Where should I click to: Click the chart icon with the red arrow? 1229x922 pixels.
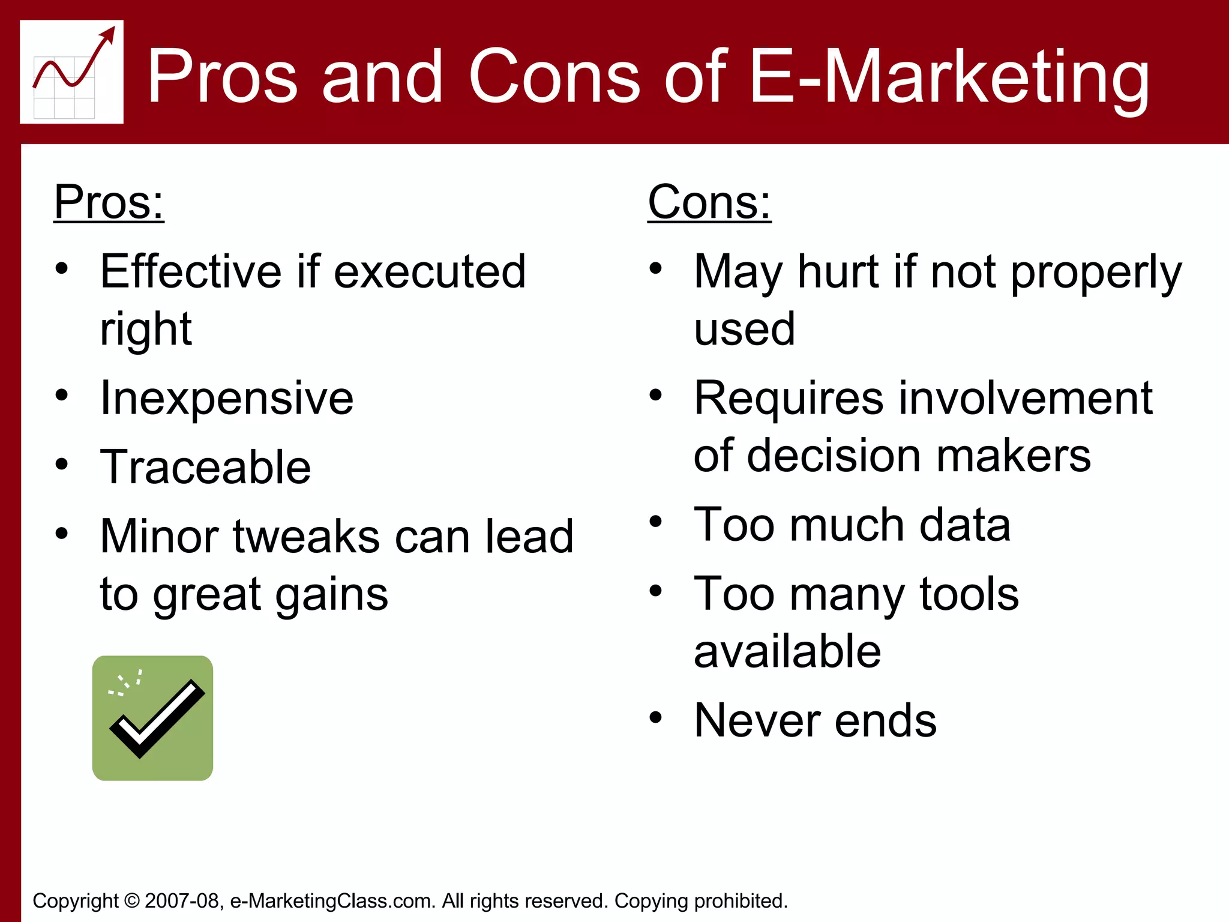tap(71, 72)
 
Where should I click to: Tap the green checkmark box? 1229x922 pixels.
tap(152, 718)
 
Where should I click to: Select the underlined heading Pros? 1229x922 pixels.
tap(109, 202)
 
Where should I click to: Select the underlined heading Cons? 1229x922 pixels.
tap(709, 202)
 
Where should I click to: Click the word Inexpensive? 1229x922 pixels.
tap(227, 398)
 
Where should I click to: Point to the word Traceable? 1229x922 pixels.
tap(205, 467)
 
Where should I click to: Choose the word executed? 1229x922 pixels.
tap(430, 272)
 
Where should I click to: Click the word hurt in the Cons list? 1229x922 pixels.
tap(838, 272)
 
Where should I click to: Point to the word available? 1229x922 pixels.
tap(787, 651)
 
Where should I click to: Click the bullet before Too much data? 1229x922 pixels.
tap(656, 522)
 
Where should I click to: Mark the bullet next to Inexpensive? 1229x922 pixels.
tap(62, 395)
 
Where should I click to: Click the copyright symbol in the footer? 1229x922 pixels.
tap(132, 901)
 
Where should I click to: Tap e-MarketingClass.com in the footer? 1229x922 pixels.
tap(332, 901)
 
